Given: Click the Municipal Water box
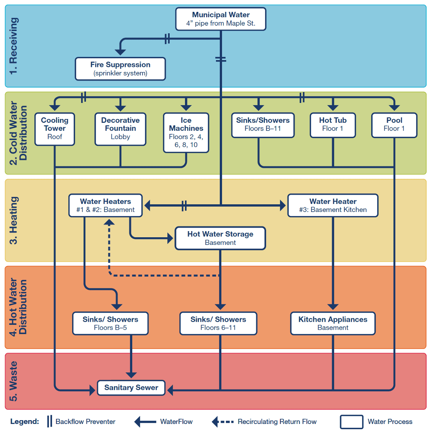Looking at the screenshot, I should tap(221, 19).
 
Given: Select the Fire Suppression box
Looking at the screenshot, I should tap(120, 69).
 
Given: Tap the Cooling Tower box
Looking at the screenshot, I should tap(55, 129).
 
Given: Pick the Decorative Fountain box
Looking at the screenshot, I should tap(120, 129).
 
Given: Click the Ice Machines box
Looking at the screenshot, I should tap(186, 133).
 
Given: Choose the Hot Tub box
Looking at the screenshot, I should tap(333, 125).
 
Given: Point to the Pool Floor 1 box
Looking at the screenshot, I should tap(394, 125).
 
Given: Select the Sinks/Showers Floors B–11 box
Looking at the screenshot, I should tap(263, 125).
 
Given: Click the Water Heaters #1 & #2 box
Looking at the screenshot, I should tap(105, 205).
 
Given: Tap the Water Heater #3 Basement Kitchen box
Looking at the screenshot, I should tap(333, 205).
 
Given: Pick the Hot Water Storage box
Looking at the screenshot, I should tap(220, 238).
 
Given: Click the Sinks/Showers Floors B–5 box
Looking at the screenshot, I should tap(110, 323).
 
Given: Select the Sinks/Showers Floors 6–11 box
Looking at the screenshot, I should tap(218, 323).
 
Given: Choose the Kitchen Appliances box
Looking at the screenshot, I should tap(333, 323).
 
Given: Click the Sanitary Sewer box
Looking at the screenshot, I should tap(131, 388).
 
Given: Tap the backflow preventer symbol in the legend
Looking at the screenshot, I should tap(49, 421).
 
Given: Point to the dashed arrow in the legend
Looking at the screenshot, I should tap(222, 422).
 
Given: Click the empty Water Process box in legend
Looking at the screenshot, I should tap(351, 422).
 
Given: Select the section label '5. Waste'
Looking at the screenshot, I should tap(13, 381).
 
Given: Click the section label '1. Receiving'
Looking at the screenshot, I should tap(13, 46).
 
